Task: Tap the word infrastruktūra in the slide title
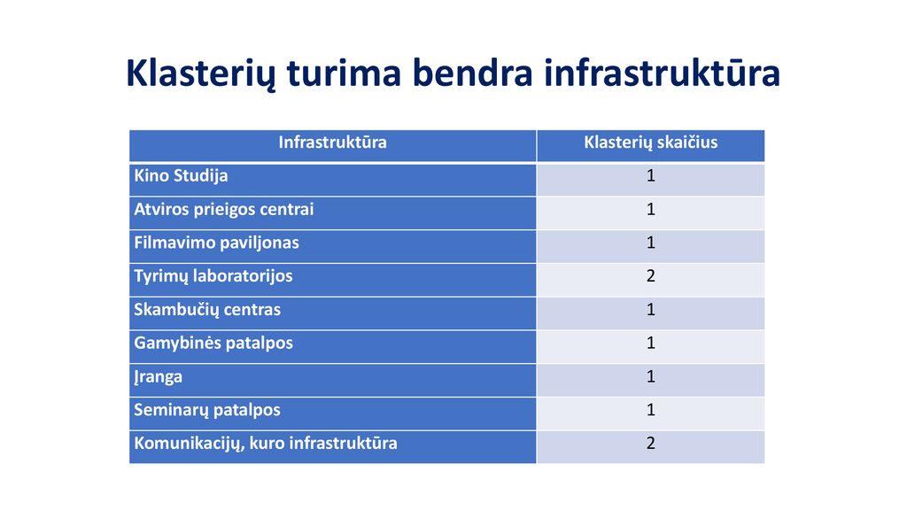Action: point(662,73)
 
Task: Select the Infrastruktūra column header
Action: point(333,143)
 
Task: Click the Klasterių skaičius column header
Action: point(651,143)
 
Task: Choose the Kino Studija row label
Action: point(181,176)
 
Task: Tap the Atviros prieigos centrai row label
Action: point(224,210)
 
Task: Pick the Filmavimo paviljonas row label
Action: point(216,243)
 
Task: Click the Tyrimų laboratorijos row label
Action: point(213,276)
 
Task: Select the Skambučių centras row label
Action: point(207,310)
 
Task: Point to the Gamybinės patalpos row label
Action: point(213,344)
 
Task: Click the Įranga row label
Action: point(158,377)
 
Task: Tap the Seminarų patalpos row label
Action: point(207,411)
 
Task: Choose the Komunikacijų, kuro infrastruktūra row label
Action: point(266,444)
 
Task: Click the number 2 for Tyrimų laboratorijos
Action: point(651,276)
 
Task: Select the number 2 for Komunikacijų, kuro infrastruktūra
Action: point(651,443)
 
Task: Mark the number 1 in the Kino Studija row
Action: point(651,176)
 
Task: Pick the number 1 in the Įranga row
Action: point(651,376)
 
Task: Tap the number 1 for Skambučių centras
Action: point(651,309)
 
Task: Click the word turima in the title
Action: point(344,73)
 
